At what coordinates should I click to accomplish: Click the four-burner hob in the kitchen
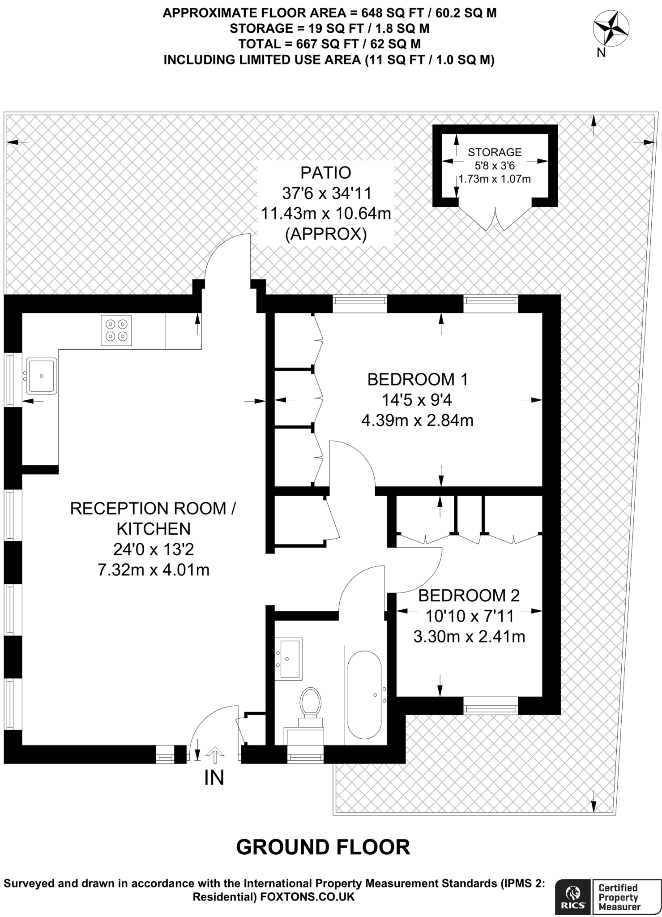pos(116,330)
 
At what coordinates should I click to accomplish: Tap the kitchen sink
pos(41,376)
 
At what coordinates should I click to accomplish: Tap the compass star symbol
pos(611,28)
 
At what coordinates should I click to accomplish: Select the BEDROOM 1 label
pos(418,379)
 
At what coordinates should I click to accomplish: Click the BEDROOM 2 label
pos(469,596)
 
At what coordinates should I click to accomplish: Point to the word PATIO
pos(326,172)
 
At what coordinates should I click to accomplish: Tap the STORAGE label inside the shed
pos(495,152)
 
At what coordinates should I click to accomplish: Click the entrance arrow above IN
pos(214,754)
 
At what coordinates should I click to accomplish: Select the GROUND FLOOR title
pos(323,847)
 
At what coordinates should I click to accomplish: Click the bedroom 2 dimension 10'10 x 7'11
pos(470,616)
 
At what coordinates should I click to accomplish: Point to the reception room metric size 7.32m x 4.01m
pos(154,570)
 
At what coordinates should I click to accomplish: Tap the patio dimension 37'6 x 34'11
pos(327,193)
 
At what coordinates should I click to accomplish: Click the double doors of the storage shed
pos(495,219)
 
